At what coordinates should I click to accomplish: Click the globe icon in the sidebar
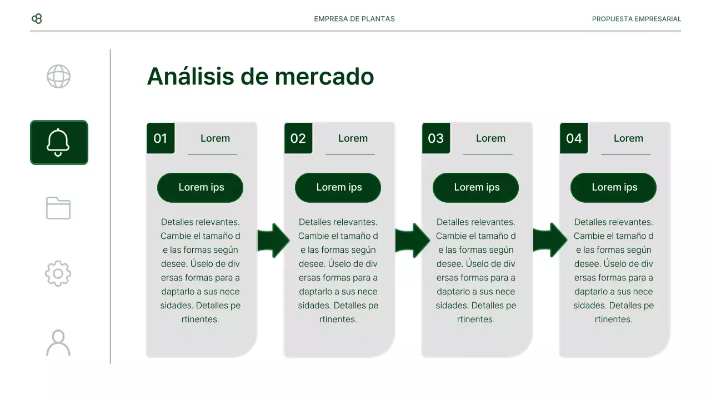tap(58, 77)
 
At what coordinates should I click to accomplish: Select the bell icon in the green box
tap(59, 143)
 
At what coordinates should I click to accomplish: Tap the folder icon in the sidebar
tap(58, 208)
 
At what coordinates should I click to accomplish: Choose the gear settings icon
tap(58, 274)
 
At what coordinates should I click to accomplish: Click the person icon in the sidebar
tap(58, 343)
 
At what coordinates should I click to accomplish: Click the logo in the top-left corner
tap(37, 19)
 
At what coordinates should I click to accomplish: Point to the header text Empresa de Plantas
tap(354, 19)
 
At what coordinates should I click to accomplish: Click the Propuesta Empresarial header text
tap(636, 19)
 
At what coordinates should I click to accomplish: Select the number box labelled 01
tap(161, 138)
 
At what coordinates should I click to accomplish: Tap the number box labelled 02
tap(298, 138)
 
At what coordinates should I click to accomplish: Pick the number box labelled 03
tap(436, 138)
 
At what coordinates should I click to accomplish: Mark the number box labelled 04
tap(574, 138)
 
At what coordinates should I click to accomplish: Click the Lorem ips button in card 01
tap(201, 188)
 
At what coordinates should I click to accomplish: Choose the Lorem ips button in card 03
tap(476, 188)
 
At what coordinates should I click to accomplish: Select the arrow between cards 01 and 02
tap(273, 241)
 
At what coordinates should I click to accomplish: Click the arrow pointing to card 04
tap(549, 241)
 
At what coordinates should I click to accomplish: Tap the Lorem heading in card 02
tap(353, 138)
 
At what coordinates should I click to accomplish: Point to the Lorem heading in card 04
tap(628, 138)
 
